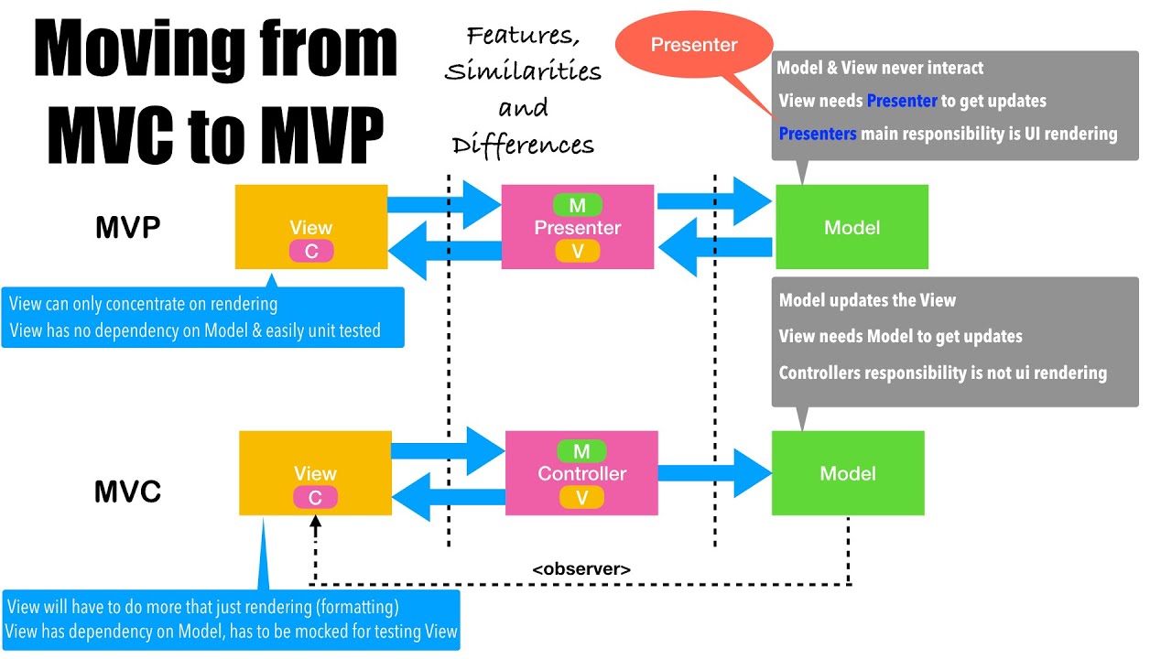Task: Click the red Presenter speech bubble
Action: coord(693,45)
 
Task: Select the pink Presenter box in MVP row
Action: coord(578,227)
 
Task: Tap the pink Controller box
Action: coord(581,473)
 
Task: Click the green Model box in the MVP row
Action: coord(852,227)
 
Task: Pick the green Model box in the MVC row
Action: coord(848,473)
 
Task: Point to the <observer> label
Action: coord(581,568)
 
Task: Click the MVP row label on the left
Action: coord(128,228)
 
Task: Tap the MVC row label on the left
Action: coord(128,492)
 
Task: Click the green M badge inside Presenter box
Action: coord(578,205)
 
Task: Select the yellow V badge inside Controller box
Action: coord(581,497)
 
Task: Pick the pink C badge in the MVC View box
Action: coord(315,497)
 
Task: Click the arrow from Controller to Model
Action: coord(714,473)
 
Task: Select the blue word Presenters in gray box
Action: coord(818,134)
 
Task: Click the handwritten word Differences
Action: coord(523,145)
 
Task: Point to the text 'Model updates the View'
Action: coord(867,300)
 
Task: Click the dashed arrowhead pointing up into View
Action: coord(315,525)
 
